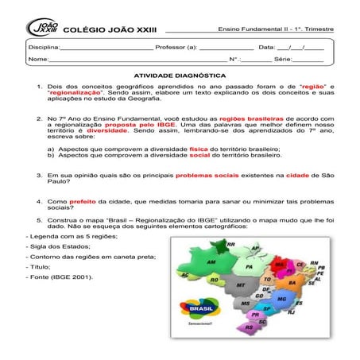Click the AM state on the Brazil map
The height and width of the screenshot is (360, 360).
tap(211, 261)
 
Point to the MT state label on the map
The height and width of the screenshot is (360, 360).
tap(240, 284)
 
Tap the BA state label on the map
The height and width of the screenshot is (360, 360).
tap(292, 282)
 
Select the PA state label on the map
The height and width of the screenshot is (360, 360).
tap(249, 268)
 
